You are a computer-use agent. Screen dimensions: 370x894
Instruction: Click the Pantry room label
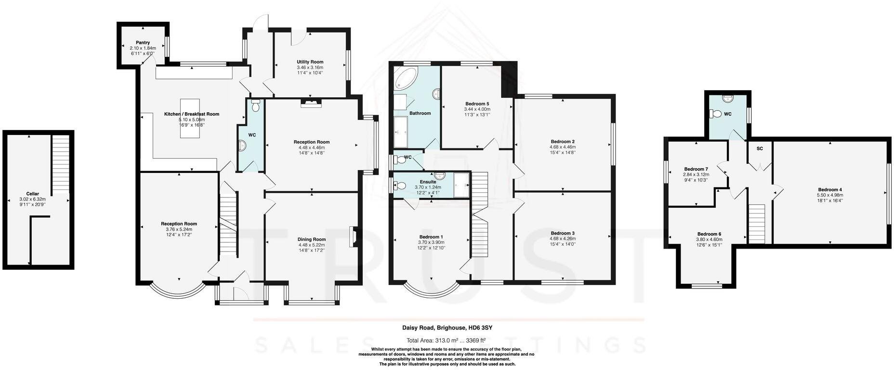[143, 42]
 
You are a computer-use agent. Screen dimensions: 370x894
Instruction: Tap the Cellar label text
[32, 194]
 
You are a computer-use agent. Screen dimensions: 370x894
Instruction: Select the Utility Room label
[310, 62]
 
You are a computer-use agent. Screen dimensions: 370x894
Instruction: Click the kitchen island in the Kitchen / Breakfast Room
[190, 119]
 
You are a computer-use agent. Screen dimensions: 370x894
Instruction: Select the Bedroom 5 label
[477, 104]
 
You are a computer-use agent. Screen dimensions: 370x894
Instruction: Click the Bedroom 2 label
[563, 142]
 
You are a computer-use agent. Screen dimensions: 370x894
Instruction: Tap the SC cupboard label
[760, 148]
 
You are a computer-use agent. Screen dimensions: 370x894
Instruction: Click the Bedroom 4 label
[829, 189]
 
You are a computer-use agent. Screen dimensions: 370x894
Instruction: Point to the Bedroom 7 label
[696, 169]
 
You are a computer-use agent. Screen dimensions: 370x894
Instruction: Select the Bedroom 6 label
[709, 234]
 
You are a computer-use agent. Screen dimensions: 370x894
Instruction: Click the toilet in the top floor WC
[716, 114]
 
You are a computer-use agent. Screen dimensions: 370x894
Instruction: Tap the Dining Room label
[312, 239]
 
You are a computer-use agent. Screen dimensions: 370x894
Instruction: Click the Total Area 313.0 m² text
[446, 340]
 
